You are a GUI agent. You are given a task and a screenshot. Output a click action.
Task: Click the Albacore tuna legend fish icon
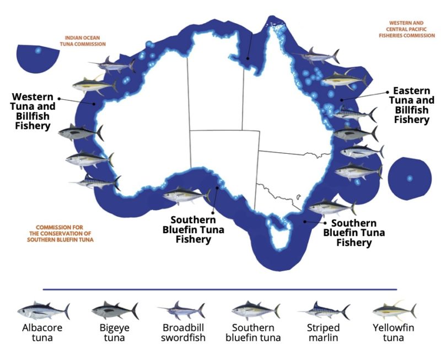click(x=43, y=311)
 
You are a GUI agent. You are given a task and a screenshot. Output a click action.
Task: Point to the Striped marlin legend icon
click(x=324, y=311)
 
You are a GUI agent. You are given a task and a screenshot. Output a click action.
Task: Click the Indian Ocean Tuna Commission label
click(x=83, y=41)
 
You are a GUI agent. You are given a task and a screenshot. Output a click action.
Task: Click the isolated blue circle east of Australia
click(x=409, y=178)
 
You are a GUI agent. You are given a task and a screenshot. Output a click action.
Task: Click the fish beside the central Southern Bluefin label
click(x=186, y=196)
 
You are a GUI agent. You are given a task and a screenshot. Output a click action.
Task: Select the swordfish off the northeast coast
click(x=314, y=56)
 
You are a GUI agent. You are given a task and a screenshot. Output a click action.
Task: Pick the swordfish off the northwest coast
click(x=113, y=65)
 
